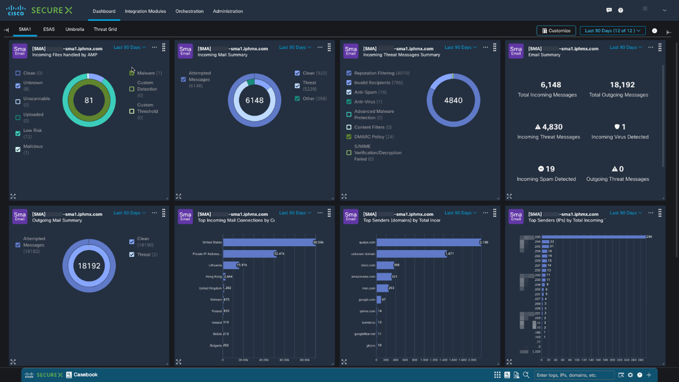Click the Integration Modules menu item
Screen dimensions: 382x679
(145, 11)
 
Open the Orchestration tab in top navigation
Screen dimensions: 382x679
(189, 11)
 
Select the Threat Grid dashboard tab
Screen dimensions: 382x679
(105, 29)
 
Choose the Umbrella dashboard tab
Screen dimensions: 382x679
(75, 29)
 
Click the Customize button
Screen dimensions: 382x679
(556, 31)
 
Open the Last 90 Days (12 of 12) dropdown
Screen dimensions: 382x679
(612, 31)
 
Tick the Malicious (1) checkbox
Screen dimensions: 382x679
(18, 150)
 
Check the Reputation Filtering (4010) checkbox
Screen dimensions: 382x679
(349, 73)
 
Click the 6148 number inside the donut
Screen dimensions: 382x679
(254, 101)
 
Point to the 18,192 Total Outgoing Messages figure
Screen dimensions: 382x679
(622, 85)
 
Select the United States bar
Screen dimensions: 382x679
(269, 242)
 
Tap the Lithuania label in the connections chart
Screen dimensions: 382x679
(215, 265)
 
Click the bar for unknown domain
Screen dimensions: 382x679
(411, 254)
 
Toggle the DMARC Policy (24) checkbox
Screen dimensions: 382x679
(349, 137)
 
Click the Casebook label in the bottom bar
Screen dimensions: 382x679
(85, 375)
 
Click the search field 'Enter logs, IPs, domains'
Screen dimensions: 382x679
(574, 375)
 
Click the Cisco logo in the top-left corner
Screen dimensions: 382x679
(16, 10)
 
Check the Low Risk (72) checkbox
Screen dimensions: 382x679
(18, 134)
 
